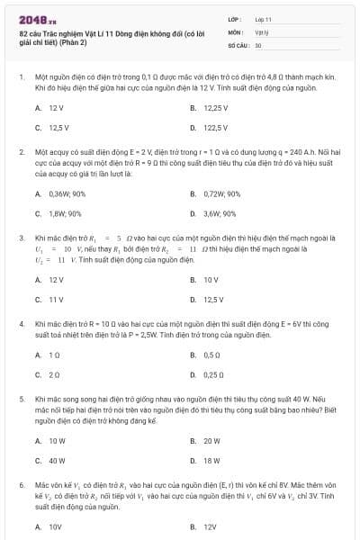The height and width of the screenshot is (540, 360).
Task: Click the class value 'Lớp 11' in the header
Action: [263, 18]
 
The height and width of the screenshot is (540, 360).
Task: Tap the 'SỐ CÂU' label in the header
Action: [238, 44]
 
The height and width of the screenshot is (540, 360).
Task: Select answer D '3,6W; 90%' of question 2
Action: [219, 214]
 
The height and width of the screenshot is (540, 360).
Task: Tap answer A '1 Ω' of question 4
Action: [52, 355]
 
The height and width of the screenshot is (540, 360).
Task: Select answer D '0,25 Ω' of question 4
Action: [211, 374]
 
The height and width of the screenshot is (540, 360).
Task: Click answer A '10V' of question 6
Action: [53, 526]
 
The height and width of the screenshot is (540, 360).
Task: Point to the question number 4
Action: [21, 322]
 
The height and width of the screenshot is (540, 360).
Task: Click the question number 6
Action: [21, 485]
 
